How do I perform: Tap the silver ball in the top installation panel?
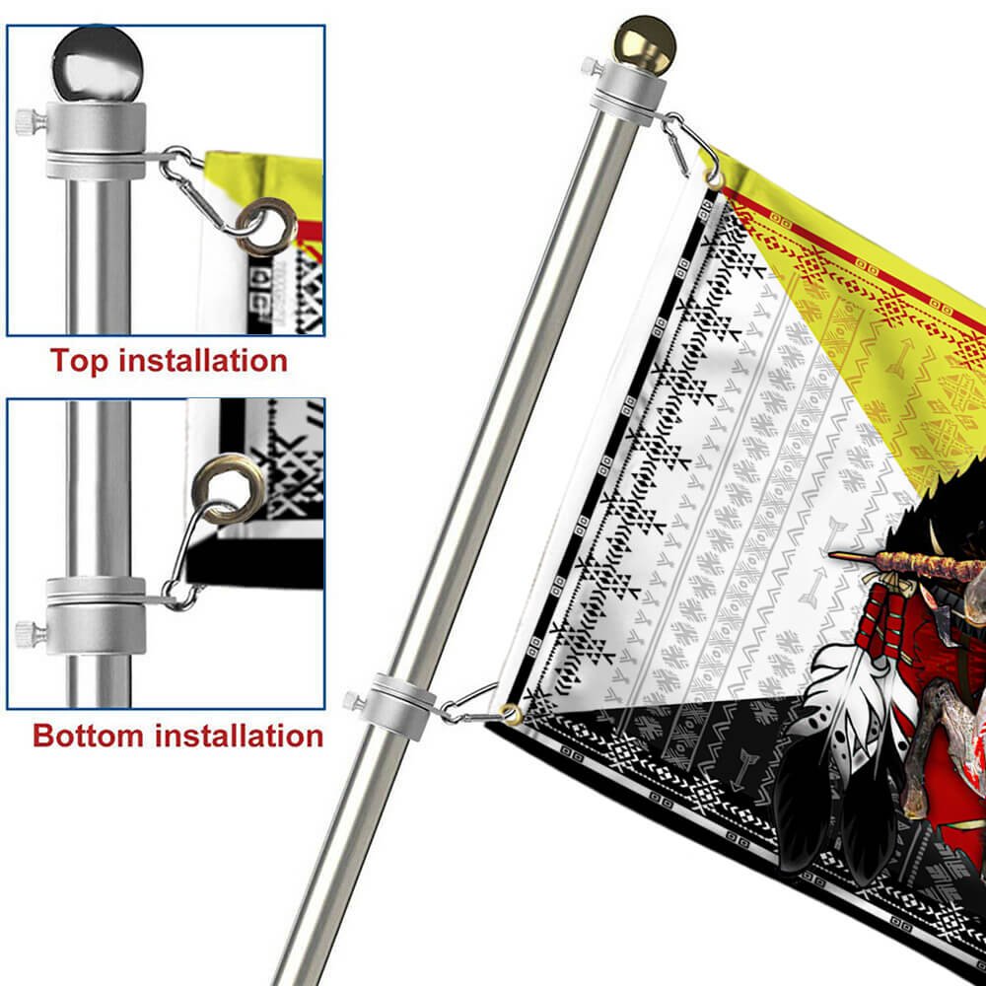pos(98,65)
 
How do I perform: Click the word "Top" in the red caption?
pos(79,362)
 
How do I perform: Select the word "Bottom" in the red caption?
pos(88,736)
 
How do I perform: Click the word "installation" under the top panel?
pos(203,360)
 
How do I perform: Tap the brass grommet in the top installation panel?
pos(266,227)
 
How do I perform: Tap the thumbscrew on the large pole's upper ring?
pos(592,66)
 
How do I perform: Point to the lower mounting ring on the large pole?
pos(403,706)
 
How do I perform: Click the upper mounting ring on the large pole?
pos(628,95)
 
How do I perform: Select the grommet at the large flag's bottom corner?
pos(511,714)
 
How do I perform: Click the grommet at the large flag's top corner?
pos(715,178)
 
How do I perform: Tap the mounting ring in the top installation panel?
pos(96,141)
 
